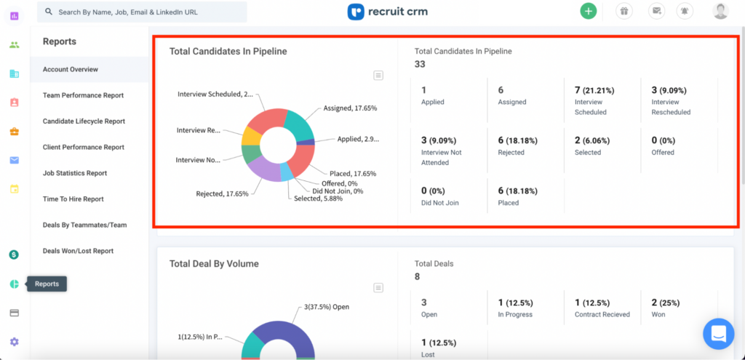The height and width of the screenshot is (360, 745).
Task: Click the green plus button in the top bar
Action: (x=588, y=11)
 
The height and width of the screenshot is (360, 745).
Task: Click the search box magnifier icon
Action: (x=48, y=12)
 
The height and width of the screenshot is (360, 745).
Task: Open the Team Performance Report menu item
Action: (x=83, y=95)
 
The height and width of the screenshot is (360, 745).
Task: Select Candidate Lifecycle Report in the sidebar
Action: (x=84, y=121)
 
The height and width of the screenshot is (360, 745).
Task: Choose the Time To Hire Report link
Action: (x=73, y=199)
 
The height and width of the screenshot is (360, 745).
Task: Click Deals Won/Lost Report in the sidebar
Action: (x=78, y=251)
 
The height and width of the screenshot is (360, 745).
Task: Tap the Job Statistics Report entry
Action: (x=75, y=173)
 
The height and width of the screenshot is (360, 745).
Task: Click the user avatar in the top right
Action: (x=720, y=11)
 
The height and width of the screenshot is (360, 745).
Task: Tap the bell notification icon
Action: (x=684, y=11)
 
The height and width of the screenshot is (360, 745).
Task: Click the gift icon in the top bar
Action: (x=624, y=11)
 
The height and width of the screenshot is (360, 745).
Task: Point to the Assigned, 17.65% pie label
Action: (x=350, y=108)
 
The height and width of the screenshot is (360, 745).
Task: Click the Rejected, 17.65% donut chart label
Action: (x=222, y=194)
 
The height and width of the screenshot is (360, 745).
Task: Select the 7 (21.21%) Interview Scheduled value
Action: (x=594, y=90)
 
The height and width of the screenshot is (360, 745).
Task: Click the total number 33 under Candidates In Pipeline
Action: (x=420, y=65)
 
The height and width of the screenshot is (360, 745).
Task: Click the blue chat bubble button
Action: (x=718, y=334)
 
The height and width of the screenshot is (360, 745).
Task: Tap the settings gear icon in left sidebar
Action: (x=14, y=342)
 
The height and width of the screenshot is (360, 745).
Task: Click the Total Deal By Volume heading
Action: (x=214, y=264)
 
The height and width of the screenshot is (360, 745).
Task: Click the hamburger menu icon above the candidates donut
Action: (x=378, y=75)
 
